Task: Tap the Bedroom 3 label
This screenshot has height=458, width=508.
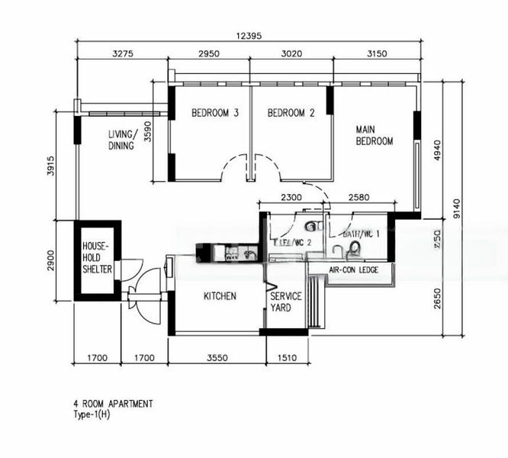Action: pyautogui.click(x=215, y=113)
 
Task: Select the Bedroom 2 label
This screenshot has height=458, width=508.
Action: pyautogui.click(x=291, y=113)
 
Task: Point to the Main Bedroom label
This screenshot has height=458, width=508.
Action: pyautogui.click(x=374, y=135)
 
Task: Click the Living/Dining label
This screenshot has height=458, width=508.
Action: pyautogui.click(x=121, y=140)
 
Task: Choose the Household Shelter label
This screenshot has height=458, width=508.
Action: pyautogui.click(x=98, y=259)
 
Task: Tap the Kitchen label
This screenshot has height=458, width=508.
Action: pyautogui.click(x=220, y=296)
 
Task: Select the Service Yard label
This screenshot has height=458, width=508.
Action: pyautogui.click(x=285, y=302)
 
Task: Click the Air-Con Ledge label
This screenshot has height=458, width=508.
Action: pyautogui.click(x=354, y=270)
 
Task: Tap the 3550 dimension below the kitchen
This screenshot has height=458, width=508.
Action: pyautogui.click(x=217, y=356)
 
